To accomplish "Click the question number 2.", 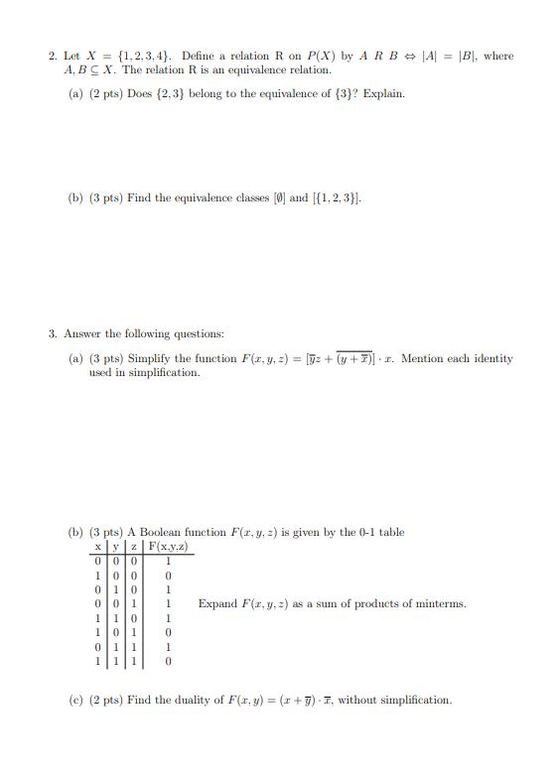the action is [52, 57].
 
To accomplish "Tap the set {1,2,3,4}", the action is [143, 57].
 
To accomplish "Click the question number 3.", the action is [52, 334].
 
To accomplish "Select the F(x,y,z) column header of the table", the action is [169, 548].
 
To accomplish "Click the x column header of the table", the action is [97, 548].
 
